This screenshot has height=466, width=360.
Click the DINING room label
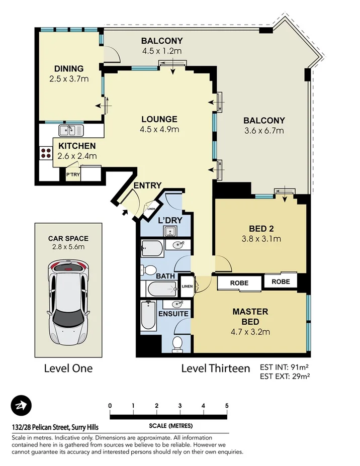pyautogui.click(x=68, y=69)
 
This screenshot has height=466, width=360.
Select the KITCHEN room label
pyautogui.click(x=77, y=146)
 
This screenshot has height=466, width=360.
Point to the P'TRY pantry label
pyautogui.click(x=72, y=174)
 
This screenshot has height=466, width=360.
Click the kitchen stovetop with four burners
pyautogui.click(x=46, y=153)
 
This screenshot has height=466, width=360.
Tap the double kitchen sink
pyautogui.click(x=71, y=131)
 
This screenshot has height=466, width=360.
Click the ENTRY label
pyautogui.click(x=147, y=185)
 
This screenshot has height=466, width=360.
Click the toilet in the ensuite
pyautogui.click(x=177, y=343)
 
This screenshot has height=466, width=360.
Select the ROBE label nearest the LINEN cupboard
pyautogui.click(x=239, y=283)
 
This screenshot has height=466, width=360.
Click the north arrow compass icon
pyautogui.click(x=21, y=405)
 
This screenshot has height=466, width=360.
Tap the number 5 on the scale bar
pyautogui.click(x=227, y=406)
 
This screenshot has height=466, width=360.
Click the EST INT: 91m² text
pyautogui.click(x=284, y=366)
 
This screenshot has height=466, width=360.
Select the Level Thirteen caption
pyautogui.click(x=215, y=368)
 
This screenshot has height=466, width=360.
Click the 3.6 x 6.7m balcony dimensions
pyautogui.click(x=264, y=131)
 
